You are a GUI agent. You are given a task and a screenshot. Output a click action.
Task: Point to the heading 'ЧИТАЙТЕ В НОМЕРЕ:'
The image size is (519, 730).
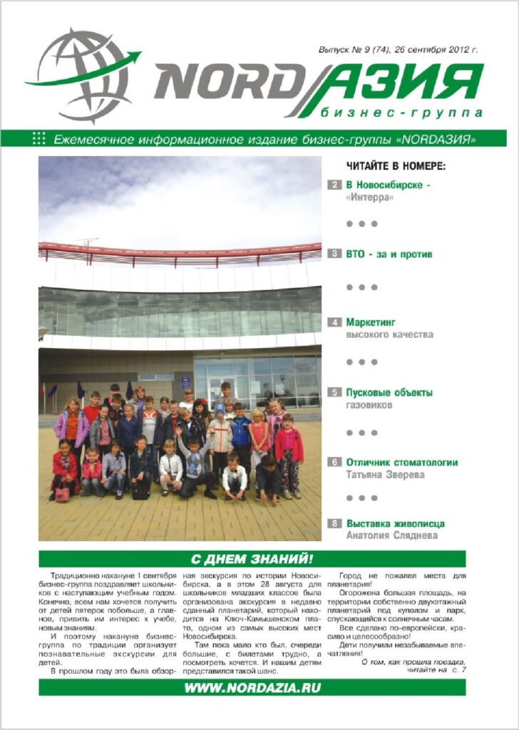point(396,167)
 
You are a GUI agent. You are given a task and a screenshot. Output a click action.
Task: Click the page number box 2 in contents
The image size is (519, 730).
point(334,185)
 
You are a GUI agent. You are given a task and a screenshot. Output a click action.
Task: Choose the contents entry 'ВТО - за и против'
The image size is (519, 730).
point(389,254)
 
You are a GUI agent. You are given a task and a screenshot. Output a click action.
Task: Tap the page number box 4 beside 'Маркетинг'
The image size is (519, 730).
point(334,322)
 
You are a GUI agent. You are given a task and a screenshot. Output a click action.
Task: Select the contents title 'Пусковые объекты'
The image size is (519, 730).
point(389,392)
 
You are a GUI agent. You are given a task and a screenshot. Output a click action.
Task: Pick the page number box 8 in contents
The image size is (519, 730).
point(334,523)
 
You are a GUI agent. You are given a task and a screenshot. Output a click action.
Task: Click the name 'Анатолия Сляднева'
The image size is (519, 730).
point(391,535)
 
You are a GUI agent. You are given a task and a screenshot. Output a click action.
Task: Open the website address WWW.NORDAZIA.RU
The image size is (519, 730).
point(252,687)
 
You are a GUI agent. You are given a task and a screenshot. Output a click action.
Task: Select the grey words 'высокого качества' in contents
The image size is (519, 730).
point(389,334)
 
